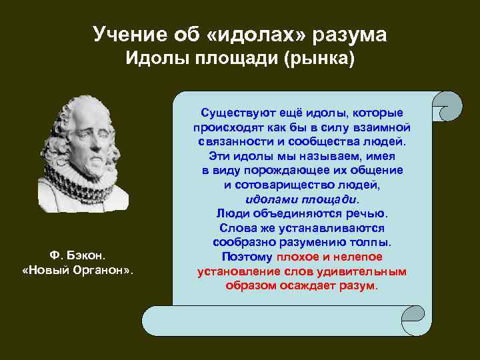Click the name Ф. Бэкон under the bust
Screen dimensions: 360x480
(x=78, y=255)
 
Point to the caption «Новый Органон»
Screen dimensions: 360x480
(x=78, y=270)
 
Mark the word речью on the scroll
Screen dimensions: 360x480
(x=366, y=213)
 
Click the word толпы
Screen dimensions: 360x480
(x=376, y=242)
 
